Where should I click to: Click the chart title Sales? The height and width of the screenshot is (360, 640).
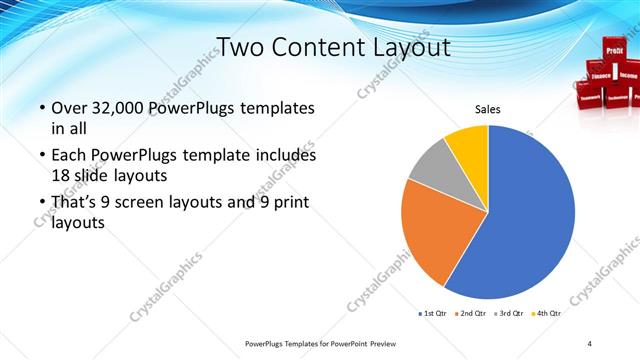pyautogui.click(x=487, y=110)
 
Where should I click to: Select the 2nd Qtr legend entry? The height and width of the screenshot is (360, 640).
pyautogui.click(x=471, y=314)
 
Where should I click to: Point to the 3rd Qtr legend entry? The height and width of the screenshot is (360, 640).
pyautogui.click(x=510, y=314)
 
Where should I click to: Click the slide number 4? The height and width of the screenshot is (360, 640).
pyautogui.click(x=590, y=343)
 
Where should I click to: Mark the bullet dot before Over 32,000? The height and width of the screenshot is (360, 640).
pyautogui.click(x=40, y=108)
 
